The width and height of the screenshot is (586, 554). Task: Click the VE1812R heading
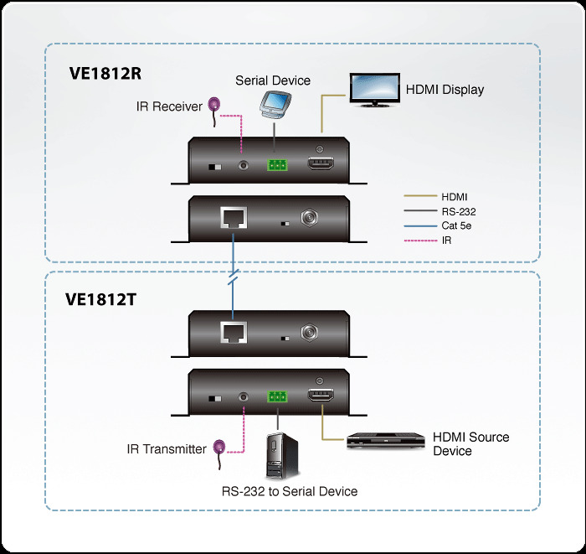[105, 73]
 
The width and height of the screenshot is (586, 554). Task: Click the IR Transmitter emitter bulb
[220, 447]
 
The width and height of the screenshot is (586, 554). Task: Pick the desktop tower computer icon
[275, 457]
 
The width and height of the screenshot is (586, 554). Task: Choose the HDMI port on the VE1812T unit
[320, 397]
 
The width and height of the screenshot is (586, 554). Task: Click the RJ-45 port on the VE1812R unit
[231, 219]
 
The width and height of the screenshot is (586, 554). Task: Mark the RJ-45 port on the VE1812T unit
[231, 333]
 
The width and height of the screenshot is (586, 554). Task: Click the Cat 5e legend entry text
[458, 225]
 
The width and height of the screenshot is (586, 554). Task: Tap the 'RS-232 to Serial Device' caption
[289, 491]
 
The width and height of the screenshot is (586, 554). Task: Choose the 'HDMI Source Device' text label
[470, 444]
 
